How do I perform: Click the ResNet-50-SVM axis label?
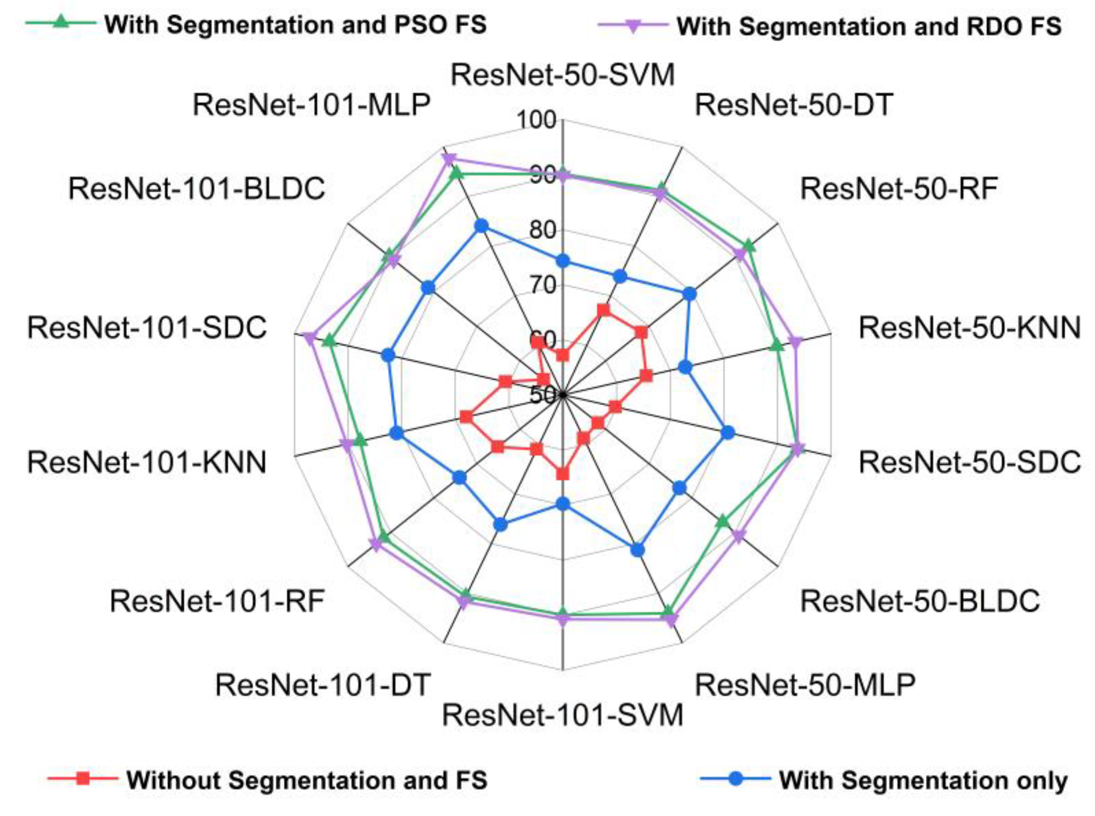562,75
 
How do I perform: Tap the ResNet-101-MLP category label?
311,105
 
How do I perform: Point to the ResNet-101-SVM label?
562,715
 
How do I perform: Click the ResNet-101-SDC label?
147,327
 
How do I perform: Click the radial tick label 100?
536,120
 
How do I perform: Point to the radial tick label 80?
542,230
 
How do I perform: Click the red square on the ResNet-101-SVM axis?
563,474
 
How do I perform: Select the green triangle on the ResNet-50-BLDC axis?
723,521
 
